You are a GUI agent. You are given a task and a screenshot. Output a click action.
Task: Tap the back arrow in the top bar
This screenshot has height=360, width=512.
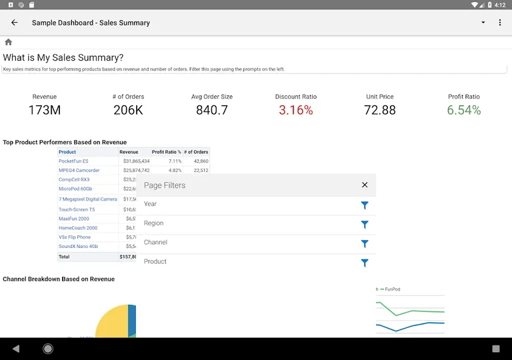point(15,23)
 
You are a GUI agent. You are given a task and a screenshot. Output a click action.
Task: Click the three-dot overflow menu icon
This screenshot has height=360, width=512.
point(500,23)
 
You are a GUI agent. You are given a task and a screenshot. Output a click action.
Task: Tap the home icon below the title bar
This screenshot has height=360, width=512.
point(9,42)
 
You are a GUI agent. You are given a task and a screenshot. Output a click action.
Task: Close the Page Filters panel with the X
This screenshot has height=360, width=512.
point(365,185)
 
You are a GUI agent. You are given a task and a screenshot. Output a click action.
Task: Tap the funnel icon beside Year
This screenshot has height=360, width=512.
point(365,205)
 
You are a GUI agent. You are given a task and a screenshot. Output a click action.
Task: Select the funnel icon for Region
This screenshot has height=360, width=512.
point(365,225)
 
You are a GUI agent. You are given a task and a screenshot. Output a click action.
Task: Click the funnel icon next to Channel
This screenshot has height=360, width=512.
point(365,244)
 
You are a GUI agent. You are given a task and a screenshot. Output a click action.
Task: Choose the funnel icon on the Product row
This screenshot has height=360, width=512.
point(365,263)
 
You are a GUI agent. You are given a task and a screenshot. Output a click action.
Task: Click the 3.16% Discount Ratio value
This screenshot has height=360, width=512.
point(296,110)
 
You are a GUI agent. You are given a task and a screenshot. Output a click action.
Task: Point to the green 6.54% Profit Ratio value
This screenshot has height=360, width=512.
point(463,110)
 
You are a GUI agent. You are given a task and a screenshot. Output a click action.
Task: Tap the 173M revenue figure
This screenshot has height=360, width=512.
point(45,110)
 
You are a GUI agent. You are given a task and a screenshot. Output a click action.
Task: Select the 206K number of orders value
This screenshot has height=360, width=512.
point(128,110)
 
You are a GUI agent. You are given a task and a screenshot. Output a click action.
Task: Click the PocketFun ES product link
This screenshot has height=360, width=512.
point(73,161)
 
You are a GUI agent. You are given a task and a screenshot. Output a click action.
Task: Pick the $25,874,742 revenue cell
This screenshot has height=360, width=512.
point(136,171)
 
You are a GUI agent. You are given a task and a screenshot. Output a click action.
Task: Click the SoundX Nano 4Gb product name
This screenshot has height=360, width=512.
point(78,247)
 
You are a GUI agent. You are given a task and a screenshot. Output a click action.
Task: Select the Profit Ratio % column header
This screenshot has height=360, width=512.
point(166,152)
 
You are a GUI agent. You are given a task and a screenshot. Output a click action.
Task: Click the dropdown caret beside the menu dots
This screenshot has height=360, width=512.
point(483,23)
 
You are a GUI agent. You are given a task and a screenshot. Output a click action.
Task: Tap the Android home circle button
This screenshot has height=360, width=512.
point(48,349)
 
